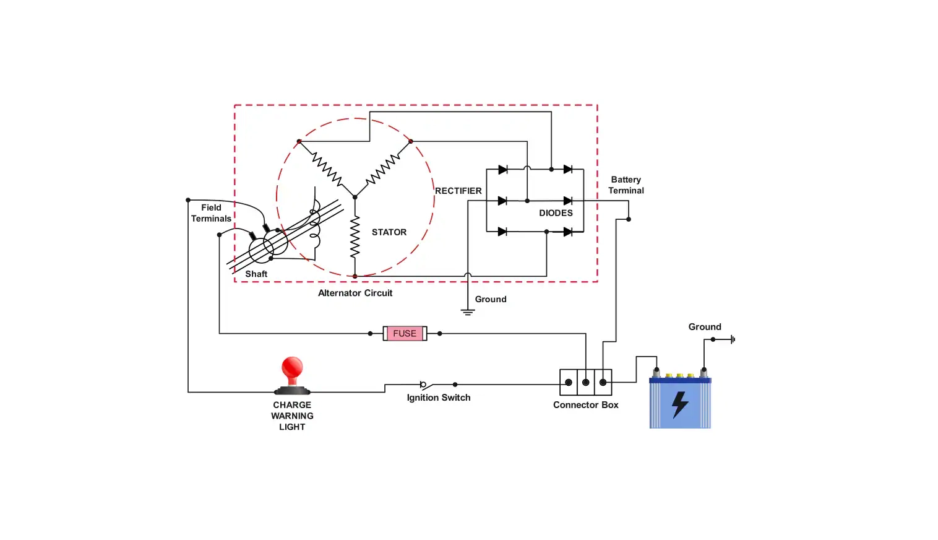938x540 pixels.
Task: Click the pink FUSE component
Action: coord(405,333)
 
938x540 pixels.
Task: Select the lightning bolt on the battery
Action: coord(680,404)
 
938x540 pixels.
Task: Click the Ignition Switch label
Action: coord(438,398)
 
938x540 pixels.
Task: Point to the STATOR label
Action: coord(389,232)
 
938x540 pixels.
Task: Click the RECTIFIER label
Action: coord(458,191)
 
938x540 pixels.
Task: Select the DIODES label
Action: coord(556,213)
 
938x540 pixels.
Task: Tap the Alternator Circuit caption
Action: coord(355,293)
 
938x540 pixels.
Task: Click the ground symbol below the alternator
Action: coord(468,311)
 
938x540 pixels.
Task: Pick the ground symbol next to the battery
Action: coord(733,339)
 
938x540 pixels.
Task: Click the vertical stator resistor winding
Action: coord(355,237)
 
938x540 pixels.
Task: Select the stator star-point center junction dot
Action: coord(355,197)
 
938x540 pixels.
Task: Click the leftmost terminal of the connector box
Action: coord(568,382)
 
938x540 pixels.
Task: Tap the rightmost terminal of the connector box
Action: coord(603,382)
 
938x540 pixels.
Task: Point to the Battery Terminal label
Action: coord(626,185)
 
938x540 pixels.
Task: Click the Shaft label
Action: coord(256,274)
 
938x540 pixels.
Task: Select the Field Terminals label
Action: coord(211,213)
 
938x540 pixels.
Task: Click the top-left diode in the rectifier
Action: coord(502,169)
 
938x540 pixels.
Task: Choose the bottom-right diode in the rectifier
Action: coord(567,232)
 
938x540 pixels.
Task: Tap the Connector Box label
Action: coord(585,405)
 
